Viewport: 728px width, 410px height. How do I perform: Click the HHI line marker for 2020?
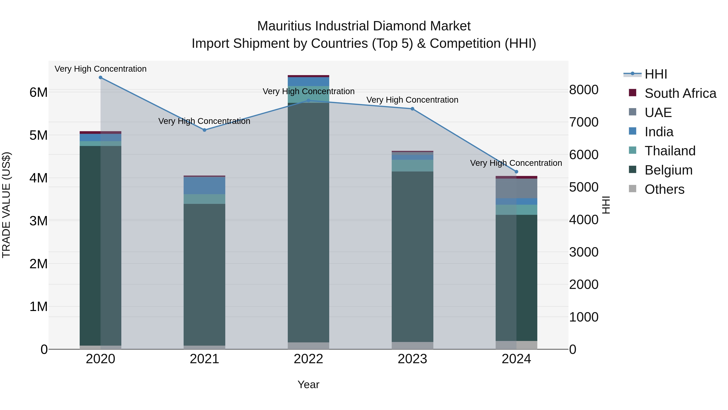[x=101, y=78]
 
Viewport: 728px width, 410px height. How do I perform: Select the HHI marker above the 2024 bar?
[x=516, y=172]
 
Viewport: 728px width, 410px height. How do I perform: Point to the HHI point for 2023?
[x=412, y=109]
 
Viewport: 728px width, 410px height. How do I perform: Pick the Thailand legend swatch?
[x=633, y=150]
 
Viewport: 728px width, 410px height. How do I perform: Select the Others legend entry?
[x=665, y=189]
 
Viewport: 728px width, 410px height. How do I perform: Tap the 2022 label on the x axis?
[x=308, y=359]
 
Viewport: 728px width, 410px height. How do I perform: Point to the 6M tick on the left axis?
[x=38, y=92]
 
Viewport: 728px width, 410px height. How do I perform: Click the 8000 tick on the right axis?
[x=584, y=90]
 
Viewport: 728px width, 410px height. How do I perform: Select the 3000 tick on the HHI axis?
[x=584, y=252]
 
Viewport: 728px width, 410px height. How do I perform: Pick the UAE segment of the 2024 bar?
[x=516, y=188]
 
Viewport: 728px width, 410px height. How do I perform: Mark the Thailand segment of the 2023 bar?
[x=412, y=166]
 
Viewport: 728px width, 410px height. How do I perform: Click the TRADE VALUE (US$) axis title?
[x=6, y=205]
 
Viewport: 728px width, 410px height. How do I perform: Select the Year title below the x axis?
[x=308, y=384]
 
